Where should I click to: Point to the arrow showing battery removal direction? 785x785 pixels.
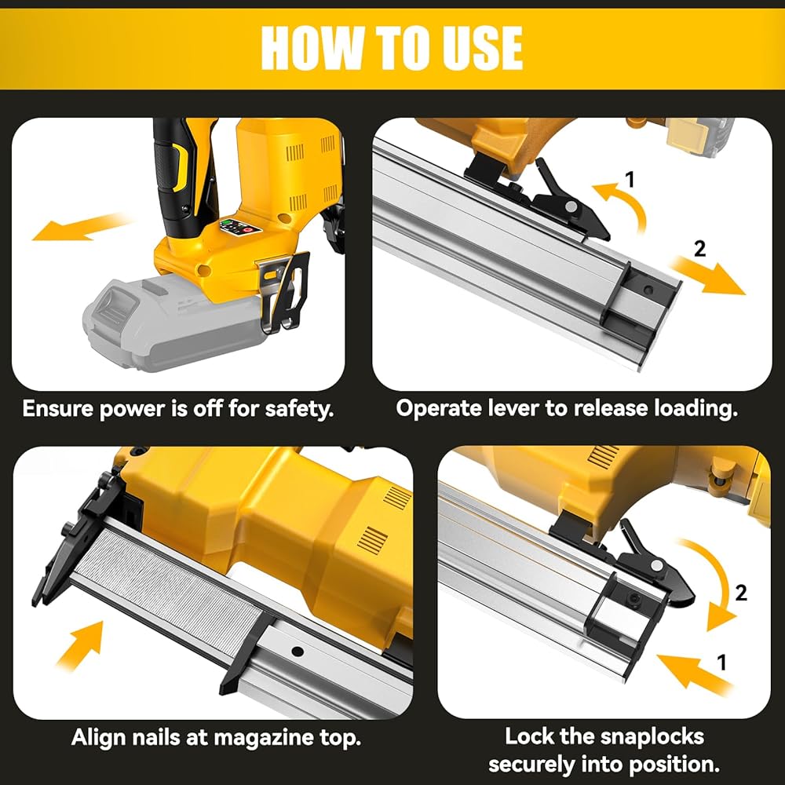click(81, 226)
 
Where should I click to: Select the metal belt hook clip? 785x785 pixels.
click(284, 290)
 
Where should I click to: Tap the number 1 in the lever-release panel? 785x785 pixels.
click(630, 179)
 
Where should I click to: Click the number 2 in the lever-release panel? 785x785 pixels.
click(699, 249)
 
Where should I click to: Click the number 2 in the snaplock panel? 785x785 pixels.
click(741, 593)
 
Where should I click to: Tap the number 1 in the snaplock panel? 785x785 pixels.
click(721, 663)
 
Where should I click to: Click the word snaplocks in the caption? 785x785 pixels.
click(652, 736)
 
